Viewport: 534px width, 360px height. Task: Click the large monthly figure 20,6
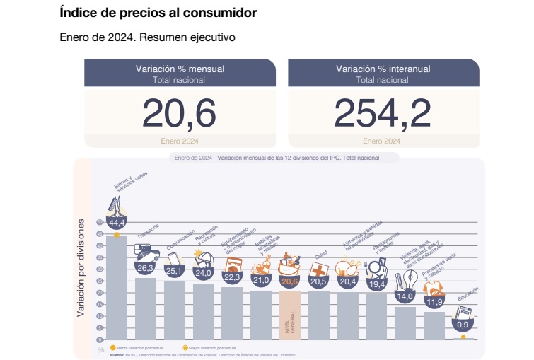click(179, 112)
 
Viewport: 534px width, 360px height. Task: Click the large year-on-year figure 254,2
click(383, 112)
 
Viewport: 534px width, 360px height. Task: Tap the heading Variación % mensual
click(179, 69)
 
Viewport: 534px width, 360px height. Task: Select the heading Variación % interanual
click(383, 69)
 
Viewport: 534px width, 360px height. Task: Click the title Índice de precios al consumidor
click(158, 13)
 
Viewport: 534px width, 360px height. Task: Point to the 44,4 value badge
click(116, 223)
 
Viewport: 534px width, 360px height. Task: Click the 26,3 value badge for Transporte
click(145, 268)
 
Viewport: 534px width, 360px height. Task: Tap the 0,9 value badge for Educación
click(463, 325)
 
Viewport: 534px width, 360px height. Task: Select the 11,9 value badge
click(434, 302)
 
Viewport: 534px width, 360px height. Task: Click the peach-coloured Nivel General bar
click(290, 315)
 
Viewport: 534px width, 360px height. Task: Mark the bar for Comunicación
click(174, 311)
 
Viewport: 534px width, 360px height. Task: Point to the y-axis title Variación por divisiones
click(81, 277)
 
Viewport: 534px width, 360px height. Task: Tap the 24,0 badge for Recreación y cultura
click(204, 272)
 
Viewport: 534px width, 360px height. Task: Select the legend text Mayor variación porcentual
click(213, 348)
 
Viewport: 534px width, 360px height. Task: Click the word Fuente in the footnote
click(117, 354)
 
